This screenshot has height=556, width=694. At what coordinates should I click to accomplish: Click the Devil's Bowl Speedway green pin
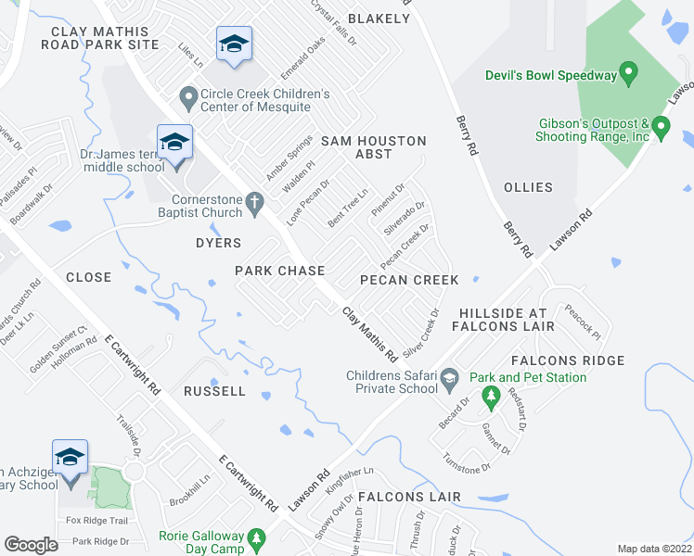click(x=628, y=71)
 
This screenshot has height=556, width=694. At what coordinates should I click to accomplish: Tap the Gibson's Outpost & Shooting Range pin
click(x=661, y=126)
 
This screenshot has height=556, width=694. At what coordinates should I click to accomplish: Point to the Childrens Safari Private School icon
click(x=449, y=377)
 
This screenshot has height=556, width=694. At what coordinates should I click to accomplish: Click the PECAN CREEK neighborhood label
click(x=409, y=280)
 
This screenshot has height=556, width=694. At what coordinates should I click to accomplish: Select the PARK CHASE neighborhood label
click(x=279, y=271)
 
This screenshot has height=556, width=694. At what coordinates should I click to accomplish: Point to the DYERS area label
click(x=218, y=243)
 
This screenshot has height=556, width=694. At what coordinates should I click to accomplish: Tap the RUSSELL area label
click(x=214, y=391)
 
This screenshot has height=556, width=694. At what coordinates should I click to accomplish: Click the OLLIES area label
click(x=528, y=187)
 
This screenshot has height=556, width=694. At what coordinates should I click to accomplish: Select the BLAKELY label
click(x=379, y=19)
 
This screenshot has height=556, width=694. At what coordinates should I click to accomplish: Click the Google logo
click(x=31, y=545)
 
